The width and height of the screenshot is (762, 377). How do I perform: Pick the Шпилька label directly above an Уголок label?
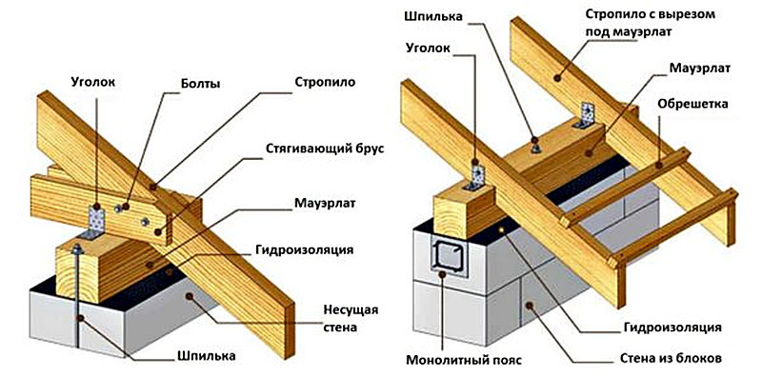[431, 15]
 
